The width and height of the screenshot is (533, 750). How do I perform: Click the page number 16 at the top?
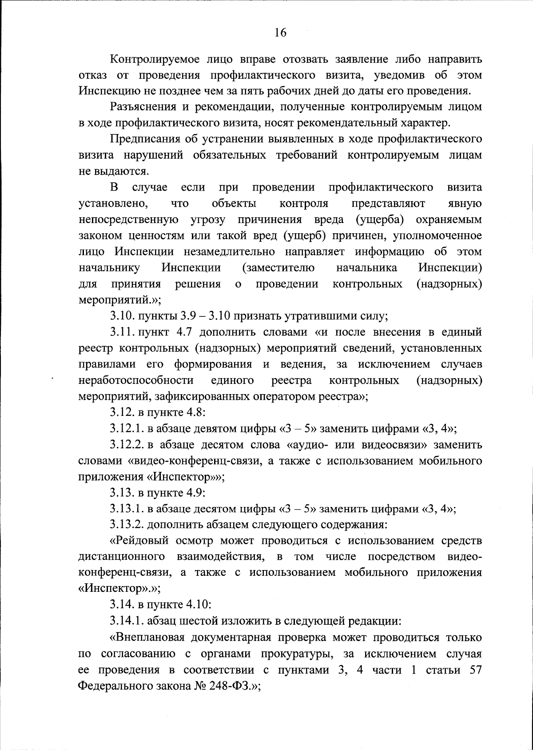(281, 32)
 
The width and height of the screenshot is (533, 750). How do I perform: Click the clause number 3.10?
(122, 316)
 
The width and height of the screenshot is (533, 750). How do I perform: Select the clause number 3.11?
(122, 332)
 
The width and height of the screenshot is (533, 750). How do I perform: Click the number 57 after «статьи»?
(475, 670)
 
